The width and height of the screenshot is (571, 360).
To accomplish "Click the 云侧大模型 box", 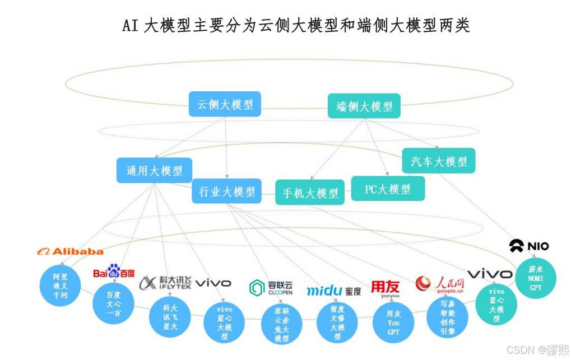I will pos(225,104).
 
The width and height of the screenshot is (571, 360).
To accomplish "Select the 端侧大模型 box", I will pos(364,106).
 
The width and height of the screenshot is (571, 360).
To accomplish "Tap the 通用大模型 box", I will pos(154,170).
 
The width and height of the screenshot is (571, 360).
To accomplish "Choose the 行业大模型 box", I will pos(226,191).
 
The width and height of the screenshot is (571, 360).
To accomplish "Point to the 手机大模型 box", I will pos(310,193).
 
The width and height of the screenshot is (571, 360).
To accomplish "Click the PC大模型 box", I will pos(388,189).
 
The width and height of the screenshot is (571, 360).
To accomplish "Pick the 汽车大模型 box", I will pos(438,161).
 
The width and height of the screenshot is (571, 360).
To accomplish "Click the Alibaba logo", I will pos(70,251).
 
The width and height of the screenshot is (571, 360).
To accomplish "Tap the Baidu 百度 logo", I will pos(114,272).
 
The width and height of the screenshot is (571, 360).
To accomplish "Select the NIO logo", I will pos(528,245).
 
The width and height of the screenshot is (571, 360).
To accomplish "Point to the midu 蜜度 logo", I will pos(333,291).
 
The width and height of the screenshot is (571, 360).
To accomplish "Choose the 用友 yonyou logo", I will pos(386,288).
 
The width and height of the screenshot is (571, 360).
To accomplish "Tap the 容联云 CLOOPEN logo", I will pos(271,288).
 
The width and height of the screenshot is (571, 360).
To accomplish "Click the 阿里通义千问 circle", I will pos(60,286).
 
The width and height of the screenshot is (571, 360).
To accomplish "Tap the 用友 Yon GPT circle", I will pos(393,322).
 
